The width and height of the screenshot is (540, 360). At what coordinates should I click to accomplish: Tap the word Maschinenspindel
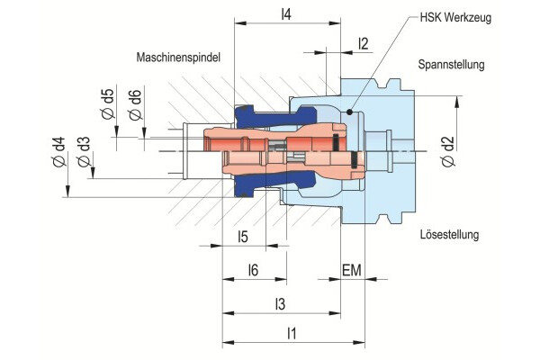[x=179, y=57]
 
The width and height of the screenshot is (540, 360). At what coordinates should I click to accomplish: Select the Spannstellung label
[x=452, y=65]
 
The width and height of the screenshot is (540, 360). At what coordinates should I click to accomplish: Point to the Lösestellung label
[x=450, y=235]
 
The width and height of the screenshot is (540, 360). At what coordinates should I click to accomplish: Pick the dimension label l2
[x=363, y=43]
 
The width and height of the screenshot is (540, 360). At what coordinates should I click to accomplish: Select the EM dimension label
[x=353, y=270]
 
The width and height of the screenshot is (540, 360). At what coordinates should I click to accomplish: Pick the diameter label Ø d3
[x=83, y=157]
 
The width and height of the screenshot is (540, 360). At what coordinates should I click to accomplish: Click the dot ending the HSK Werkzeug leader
[x=349, y=112]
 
